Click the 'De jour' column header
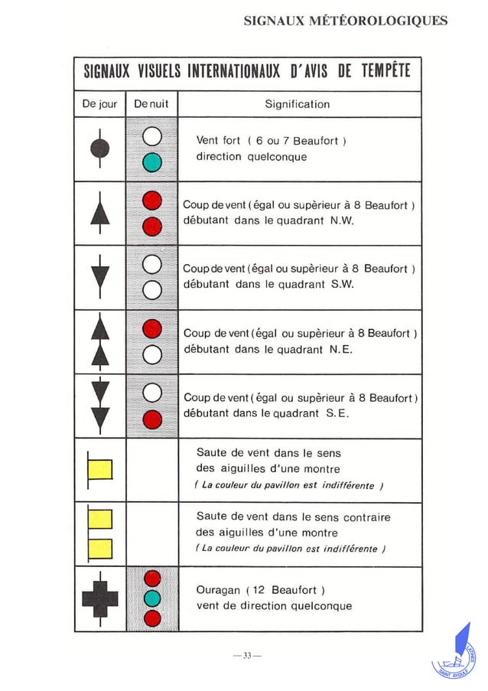[99, 104]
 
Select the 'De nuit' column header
[150, 104]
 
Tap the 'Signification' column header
[298, 104]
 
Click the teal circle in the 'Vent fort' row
[152, 161]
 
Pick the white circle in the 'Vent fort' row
[152, 137]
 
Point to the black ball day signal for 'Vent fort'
[99, 148]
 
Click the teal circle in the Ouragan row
[152, 598]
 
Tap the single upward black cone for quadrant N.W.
[99, 212]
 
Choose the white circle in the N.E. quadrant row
[152, 354]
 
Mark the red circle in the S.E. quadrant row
[152, 419]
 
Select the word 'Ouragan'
[217, 590]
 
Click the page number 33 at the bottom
[247, 655]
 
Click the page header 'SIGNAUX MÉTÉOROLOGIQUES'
[345, 21]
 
